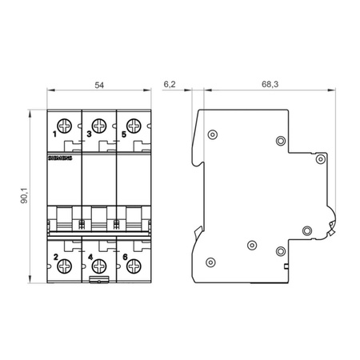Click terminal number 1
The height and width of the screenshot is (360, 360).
pos(54,133)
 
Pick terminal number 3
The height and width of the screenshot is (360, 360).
pos(87,133)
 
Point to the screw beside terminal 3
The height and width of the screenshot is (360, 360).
pos(99,124)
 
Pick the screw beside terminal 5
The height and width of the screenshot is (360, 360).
pos(132,124)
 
